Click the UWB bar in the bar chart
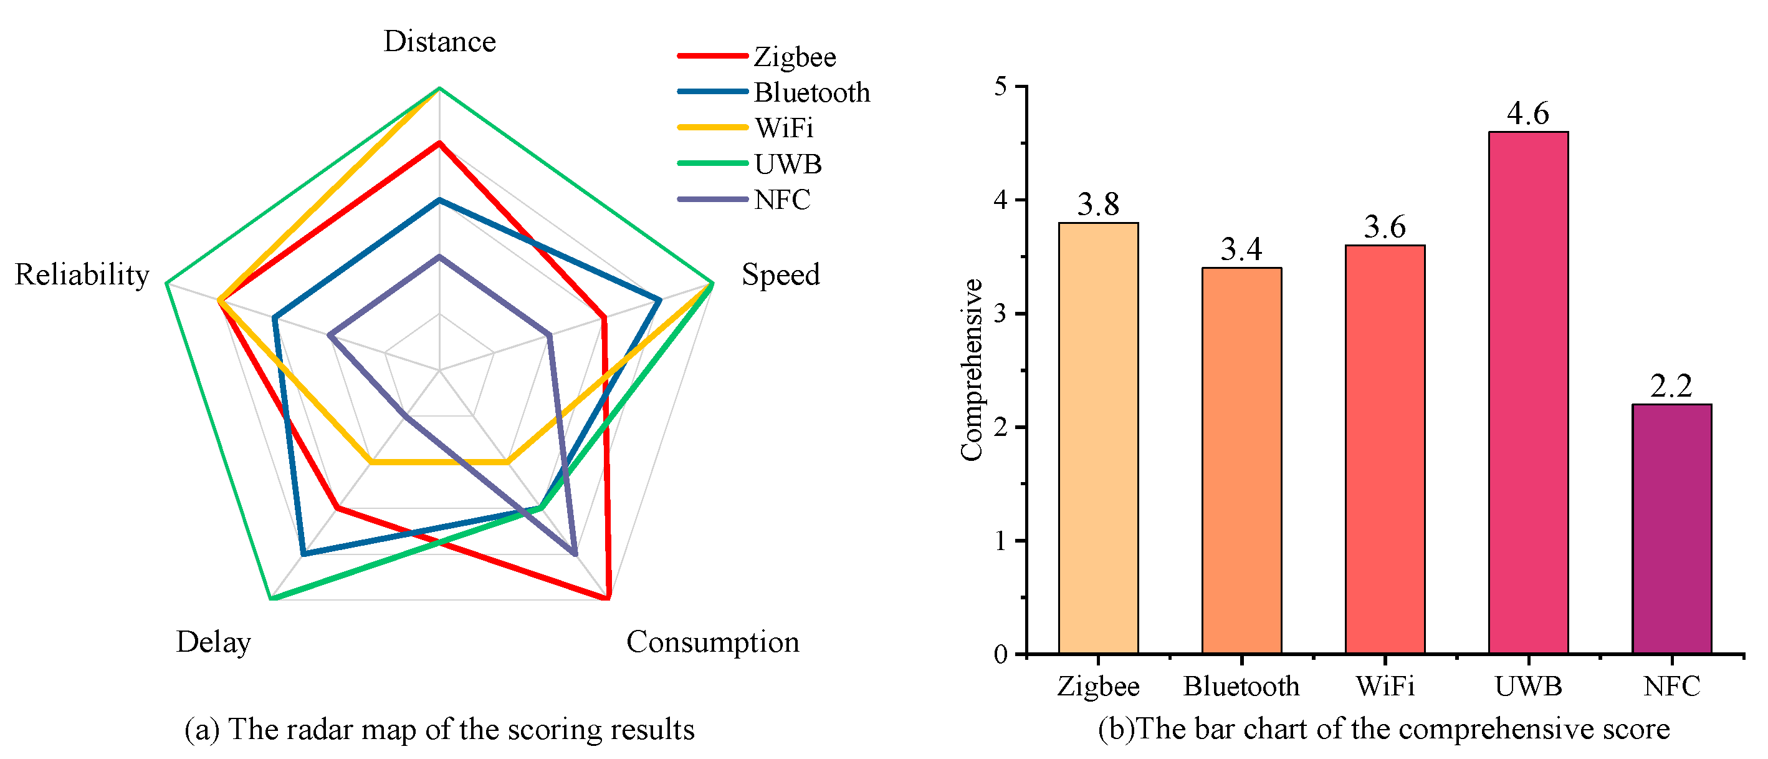tap(1528, 392)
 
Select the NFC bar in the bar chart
tap(1671, 528)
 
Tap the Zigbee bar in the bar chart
tap(1098, 438)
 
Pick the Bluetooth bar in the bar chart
tap(1241, 460)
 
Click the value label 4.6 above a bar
tap(1528, 114)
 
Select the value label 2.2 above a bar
tap(1671, 386)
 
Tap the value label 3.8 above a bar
tap(1098, 204)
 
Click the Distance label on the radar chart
tap(439, 41)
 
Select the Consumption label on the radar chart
tap(712, 642)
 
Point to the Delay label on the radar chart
tap(214, 642)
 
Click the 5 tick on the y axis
tap(1001, 87)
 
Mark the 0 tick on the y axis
tap(1001, 654)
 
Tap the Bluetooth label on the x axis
tap(1241, 686)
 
